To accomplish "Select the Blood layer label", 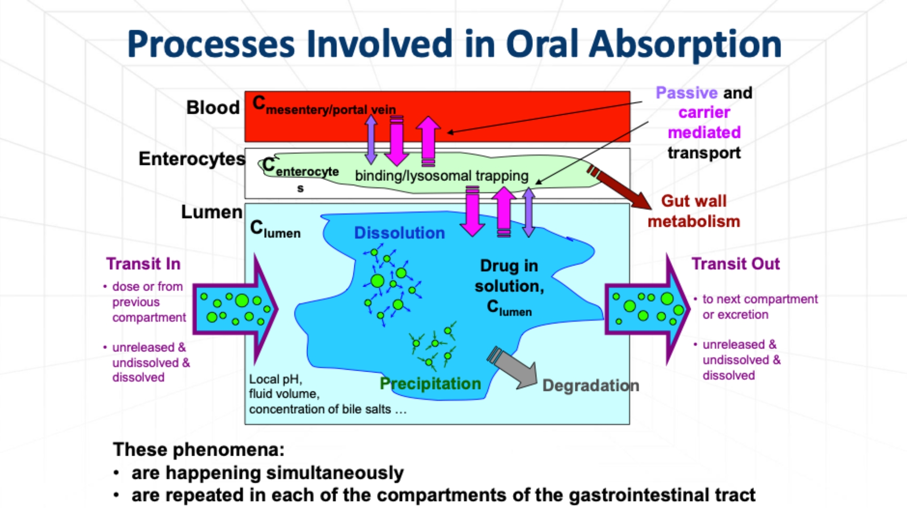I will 213,108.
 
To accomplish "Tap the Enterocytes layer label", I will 192,159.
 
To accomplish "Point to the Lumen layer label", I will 212,212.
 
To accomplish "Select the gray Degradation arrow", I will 515,369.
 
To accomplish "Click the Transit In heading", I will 143,263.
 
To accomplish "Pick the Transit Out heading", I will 736,263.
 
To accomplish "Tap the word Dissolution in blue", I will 399,233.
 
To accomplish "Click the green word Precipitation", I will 430,383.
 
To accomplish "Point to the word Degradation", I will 590,385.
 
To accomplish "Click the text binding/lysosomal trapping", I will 442,176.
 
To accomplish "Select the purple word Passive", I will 686,93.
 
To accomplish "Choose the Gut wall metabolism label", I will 693,211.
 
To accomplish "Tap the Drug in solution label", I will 509,286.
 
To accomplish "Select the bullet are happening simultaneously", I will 267,473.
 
